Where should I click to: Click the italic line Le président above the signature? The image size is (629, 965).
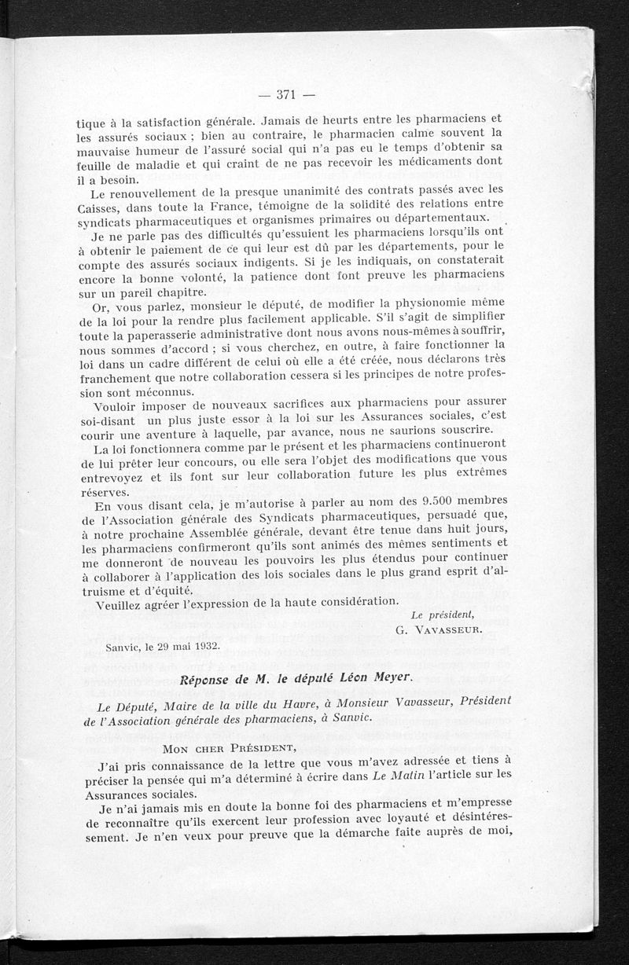pyautogui.click(x=443, y=615)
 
